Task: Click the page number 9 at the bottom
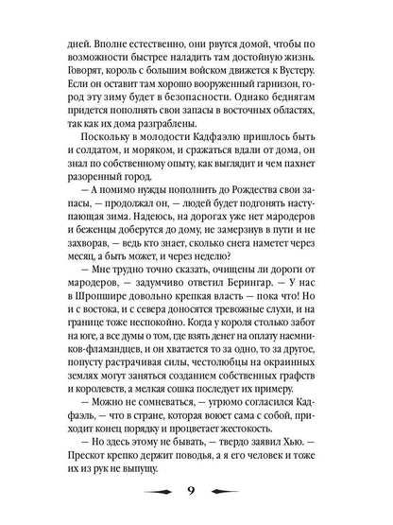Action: (196, 492)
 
